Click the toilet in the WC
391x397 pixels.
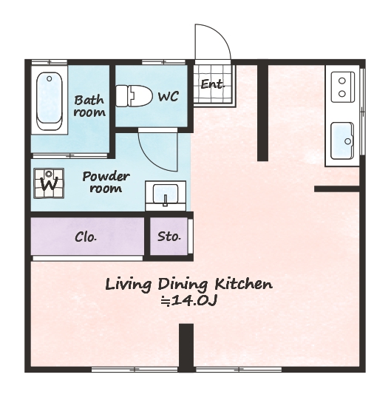pos(134,95)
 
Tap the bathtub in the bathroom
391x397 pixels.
pos(50,101)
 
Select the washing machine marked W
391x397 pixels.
pos(49,183)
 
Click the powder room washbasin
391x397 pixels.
pos(166,195)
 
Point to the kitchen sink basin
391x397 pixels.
pos(342,140)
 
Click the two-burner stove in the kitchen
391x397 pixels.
pos(343,87)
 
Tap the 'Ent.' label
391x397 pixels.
pos(213,84)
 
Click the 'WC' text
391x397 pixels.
pos(169,96)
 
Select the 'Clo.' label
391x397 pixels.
pos(86,237)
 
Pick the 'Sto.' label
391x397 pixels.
pos(169,237)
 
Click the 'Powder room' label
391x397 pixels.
pos(106,183)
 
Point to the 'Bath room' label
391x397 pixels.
pos(89,106)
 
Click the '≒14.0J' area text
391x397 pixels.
pos(189,301)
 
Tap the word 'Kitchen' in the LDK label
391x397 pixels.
pos(243,284)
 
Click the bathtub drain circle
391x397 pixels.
pos(50,79)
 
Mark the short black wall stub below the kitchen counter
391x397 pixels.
pos(337,189)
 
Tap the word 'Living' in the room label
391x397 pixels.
pos(129,285)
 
